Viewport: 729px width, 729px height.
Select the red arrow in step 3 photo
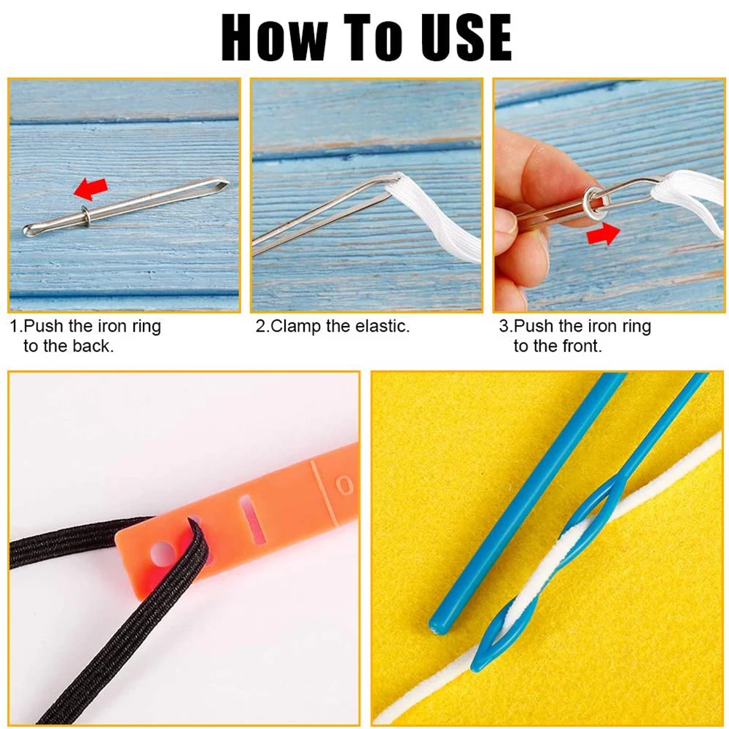[603, 233]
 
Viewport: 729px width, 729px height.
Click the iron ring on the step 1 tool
[86, 215]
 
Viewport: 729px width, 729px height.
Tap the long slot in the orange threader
[252, 519]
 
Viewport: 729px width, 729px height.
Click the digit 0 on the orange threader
[345, 486]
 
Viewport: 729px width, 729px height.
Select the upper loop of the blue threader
[587, 507]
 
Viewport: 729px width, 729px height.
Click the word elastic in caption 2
[382, 327]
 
